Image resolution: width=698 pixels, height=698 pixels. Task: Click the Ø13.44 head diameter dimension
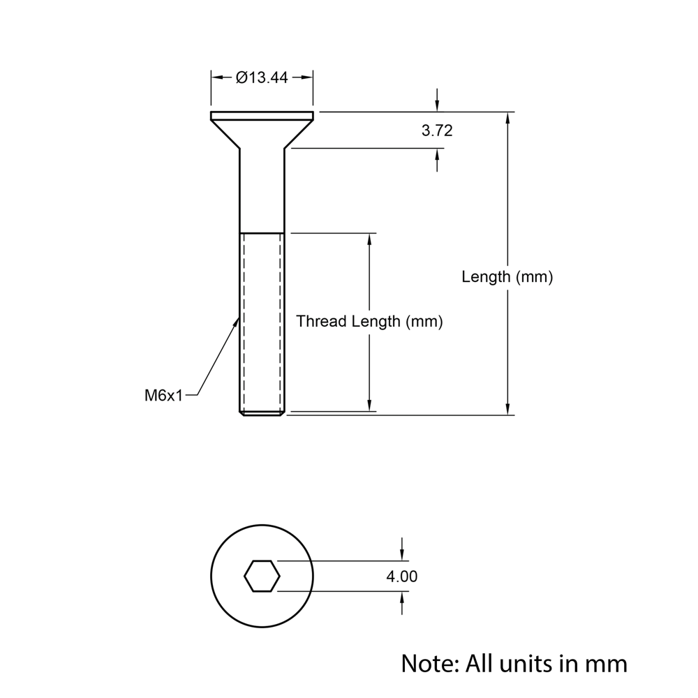pos(262,77)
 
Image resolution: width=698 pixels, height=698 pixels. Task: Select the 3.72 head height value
pos(437,131)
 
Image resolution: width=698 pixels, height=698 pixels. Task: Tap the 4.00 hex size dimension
pos(402,577)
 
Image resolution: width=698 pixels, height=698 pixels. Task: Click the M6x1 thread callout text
pos(163,396)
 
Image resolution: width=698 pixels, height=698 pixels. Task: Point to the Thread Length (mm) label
pos(369,322)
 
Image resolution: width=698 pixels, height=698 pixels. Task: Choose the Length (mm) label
pos(507,277)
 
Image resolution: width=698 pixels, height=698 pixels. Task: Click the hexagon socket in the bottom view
pos(262,577)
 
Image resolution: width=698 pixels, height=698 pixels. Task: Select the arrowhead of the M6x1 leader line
pos(237,322)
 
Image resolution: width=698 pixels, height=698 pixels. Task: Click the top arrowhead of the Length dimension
pos(507,118)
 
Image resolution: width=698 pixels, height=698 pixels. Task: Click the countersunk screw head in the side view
pos(262,129)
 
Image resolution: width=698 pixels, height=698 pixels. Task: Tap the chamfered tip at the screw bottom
pos(262,414)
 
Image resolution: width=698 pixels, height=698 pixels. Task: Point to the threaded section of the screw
pos(262,321)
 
